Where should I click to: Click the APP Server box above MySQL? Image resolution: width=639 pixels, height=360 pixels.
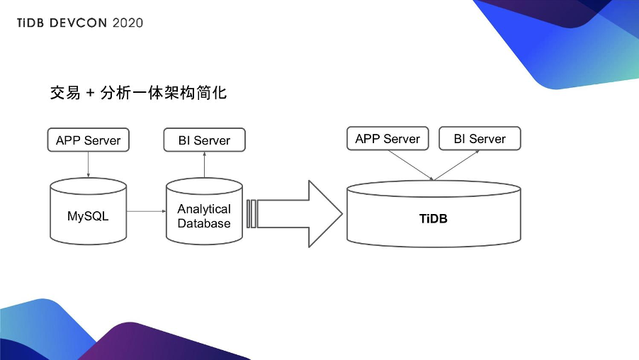coord(88,140)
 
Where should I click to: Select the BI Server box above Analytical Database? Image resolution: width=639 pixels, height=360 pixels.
coord(204,140)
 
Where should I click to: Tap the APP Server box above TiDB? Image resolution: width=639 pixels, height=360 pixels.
coord(388,139)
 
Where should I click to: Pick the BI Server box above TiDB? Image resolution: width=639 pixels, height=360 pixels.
coord(480,139)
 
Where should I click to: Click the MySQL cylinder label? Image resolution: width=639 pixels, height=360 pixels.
coord(88,216)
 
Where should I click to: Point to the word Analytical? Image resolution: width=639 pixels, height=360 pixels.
coord(204,209)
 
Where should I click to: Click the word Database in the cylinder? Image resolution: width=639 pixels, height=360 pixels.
coord(204,223)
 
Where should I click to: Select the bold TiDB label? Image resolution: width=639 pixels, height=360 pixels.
coord(433,218)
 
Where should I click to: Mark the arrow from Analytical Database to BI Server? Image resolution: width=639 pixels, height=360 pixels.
coord(204,165)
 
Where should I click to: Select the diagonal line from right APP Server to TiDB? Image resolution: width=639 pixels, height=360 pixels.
coord(409,165)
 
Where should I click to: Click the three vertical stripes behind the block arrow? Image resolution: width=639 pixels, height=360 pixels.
coord(251,214)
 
